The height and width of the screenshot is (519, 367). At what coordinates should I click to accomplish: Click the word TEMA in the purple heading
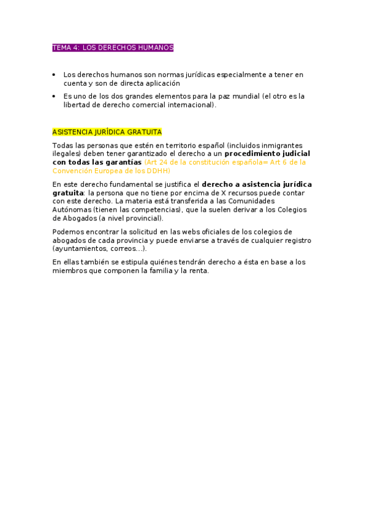(x=62, y=48)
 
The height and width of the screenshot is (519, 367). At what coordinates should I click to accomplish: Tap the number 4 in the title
(x=77, y=48)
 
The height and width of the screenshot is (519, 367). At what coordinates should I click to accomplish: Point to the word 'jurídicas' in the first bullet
(x=187, y=75)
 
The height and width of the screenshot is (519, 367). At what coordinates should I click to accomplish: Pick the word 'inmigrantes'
(x=278, y=145)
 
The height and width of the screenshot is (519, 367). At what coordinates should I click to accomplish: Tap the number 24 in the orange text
(x=164, y=162)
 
